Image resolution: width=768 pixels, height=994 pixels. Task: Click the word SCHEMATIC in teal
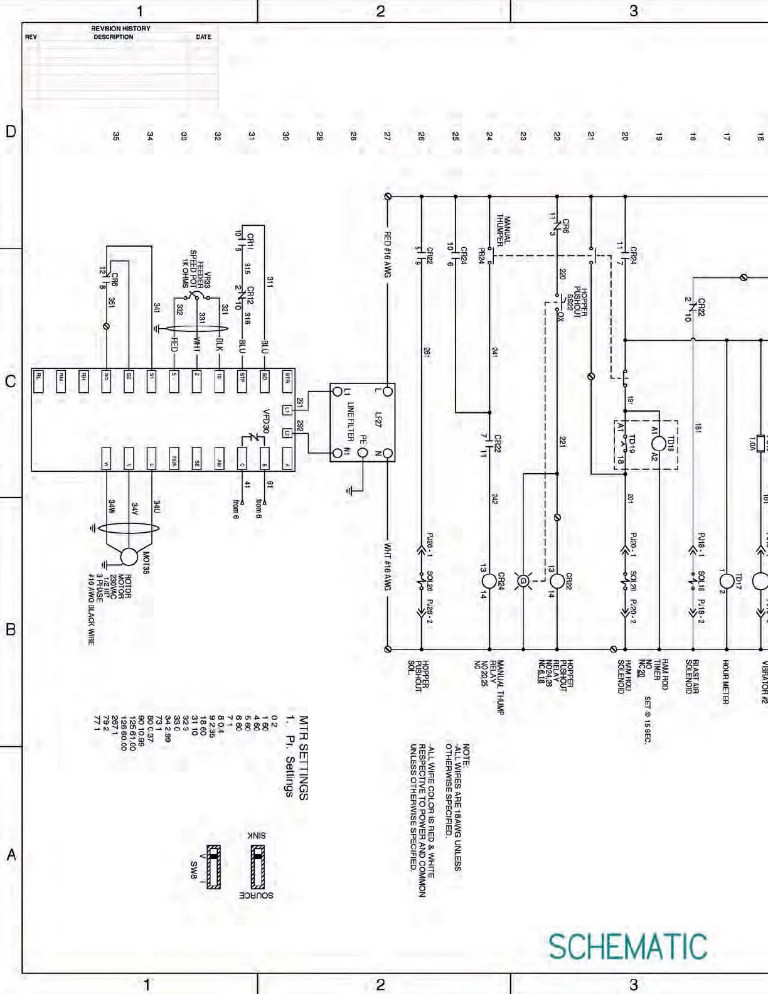click(x=627, y=947)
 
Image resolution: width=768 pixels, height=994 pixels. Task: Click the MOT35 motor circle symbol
click(x=129, y=557)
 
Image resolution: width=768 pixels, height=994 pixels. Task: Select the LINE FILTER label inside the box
click(x=351, y=422)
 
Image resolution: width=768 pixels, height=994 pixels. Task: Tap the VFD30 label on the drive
click(x=266, y=421)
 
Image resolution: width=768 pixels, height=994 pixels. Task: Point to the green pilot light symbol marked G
click(x=523, y=581)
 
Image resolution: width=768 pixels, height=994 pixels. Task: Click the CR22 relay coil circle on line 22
click(x=557, y=581)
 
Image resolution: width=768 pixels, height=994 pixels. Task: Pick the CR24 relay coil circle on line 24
click(x=489, y=581)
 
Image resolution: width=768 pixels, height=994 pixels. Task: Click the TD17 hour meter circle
click(x=727, y=581)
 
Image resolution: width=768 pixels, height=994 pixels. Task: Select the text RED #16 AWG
click(x=388, y=255)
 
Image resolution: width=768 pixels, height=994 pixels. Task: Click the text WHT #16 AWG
click(x=388, y=566)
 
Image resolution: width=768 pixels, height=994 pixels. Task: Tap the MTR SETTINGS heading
click(x=304, y=757)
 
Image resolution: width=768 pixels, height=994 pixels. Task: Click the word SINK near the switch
click(x=256, y=835)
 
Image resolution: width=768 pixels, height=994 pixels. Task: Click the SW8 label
click(x=194, y=869)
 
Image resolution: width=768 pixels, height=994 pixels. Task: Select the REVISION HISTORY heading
click(x=120, y=28)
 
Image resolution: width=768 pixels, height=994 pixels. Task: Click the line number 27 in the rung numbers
click(x=387, y=136)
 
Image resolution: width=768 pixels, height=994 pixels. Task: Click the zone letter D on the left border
click(x=11, y=131)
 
